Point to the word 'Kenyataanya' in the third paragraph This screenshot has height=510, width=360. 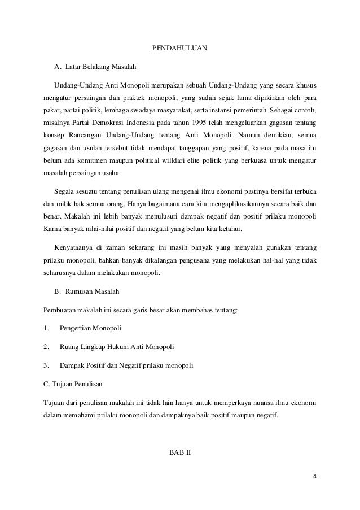coord(73,247)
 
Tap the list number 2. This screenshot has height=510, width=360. coord(45,346)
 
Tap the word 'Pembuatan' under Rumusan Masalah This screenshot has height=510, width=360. coord(60,310)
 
